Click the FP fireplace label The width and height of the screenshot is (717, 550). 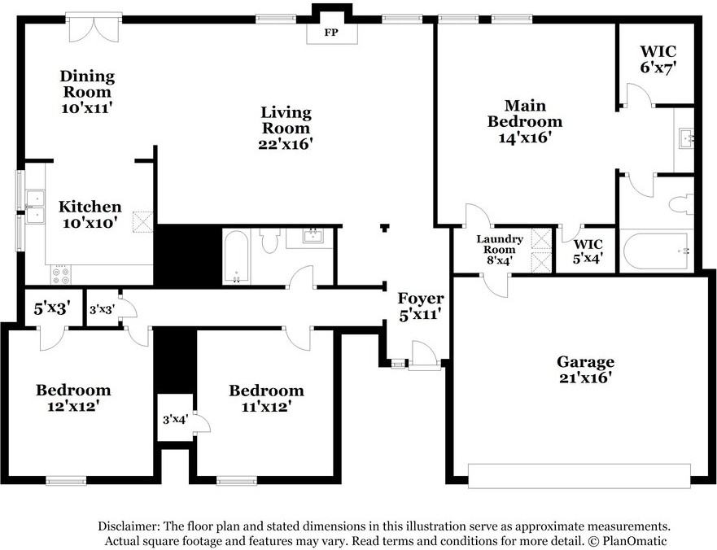[x=331, y=33]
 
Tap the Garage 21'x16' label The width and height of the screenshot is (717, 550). [x=585, y=370]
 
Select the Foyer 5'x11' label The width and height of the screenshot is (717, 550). [x=421, y=306]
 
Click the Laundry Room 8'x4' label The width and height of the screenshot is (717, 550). [x=500, y=250]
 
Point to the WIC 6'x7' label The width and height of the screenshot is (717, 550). [x=658, y=59]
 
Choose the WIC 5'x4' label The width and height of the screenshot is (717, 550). [x=588, y=251]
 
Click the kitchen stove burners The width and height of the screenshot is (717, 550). [x=61, y=274]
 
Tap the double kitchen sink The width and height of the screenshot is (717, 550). [x=35, y=207]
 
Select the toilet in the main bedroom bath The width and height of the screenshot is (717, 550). [x=681, y=203]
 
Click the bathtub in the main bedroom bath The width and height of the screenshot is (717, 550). [x=657, y=251]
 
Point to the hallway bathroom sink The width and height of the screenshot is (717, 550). [x=313, y=237]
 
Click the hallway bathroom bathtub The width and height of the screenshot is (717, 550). [x=236, y=256]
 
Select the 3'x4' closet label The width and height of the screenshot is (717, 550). [x=175, y=419]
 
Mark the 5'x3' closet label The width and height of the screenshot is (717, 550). [x=51, y=308]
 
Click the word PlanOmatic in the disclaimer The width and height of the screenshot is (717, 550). [x=634, y=540]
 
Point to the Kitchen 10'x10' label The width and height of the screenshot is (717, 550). [x=90, y=215]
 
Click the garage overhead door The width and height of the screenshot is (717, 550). [x=579, y=476]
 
